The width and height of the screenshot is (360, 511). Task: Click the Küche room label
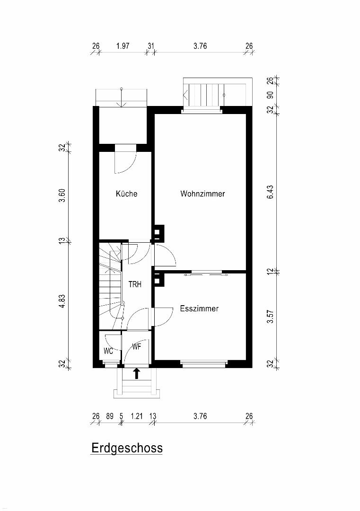pyautogui.click(x=126, y=194)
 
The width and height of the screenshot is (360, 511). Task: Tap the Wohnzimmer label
pyautogui.click(x=202, y=194)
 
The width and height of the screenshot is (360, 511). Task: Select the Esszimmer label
pyautogui.click(x=199, y=308)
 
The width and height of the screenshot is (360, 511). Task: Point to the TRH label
pyautogui.click(x=135, y=284)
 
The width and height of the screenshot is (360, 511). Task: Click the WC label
pyautogui.click(x=108, y=351)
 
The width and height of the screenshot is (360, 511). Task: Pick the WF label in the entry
pyautogui.click(x=137, y=347)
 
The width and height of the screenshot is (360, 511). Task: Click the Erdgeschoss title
pyautogui.click(x=127, y=448)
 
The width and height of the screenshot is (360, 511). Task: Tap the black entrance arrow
pyautogui.click(x=137, y=373)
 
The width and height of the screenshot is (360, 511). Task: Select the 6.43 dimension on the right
pyautogui.click(x=270, y=192)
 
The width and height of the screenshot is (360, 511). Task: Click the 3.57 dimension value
pyautogui.click(x=270, y=317)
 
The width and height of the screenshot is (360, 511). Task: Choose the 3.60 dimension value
pyautogui.click(x=62, y=195)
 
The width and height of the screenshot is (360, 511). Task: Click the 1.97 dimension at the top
pyautogui.click(x=123, y=46)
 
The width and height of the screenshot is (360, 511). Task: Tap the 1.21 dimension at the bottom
pyautogui.click(x=137, y=416)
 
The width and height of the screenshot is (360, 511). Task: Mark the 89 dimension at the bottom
pyautogui.click(x=110, y=416)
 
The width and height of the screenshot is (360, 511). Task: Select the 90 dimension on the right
pyautogui.click(x=270, y=96)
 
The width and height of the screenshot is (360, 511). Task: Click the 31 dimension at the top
pyautogui.click(x=151, y=46)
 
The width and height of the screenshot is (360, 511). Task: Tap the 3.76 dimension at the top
pyautogui.click(x=200, y=46)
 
